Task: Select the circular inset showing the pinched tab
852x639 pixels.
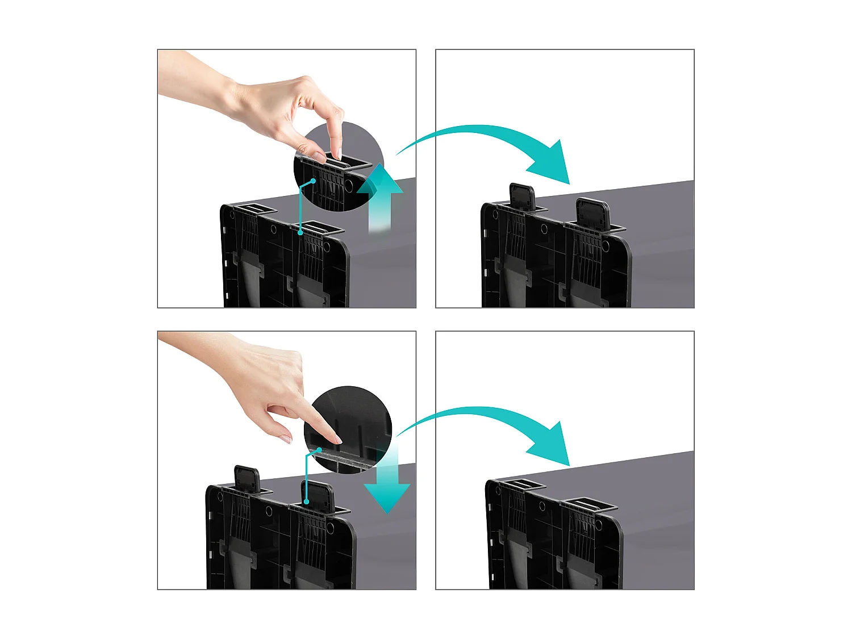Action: (x=339, y=167)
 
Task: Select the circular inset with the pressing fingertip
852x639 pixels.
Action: (x=348, y=429)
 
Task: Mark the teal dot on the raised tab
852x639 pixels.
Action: (x=306, y=502)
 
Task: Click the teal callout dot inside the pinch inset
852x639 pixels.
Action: (x=313, y=181)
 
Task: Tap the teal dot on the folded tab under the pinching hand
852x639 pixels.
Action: (x=300, y=232)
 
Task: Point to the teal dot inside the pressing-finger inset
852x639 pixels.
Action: (x=320, y=449)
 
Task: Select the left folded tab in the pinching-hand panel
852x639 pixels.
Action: (x=254, y=209)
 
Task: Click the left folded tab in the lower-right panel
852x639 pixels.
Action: (x=522, y=485)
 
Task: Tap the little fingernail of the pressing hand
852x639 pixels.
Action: (x=286, y=438)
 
